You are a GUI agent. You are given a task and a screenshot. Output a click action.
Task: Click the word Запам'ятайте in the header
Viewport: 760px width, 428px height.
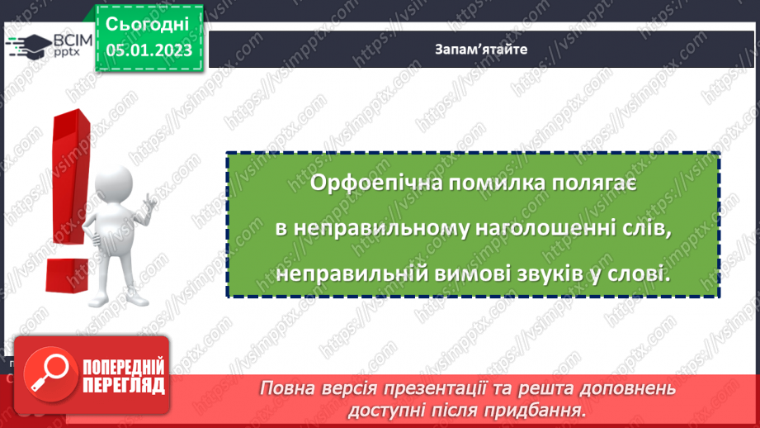(x=481, y=49)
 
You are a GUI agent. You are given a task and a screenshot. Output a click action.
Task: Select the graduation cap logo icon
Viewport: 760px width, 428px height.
(x=27, y=46)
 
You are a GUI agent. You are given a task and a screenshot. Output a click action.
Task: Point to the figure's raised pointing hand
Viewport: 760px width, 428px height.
(x=151, y=200)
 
